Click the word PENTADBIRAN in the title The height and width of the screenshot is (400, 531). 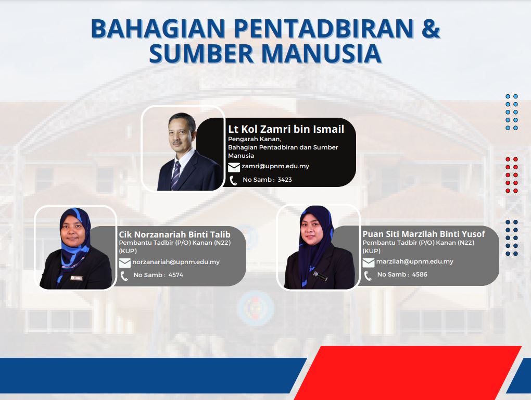point(323,28)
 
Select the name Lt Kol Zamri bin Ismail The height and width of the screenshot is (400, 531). point(286,129)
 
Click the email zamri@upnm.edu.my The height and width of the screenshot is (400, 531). point(275,166)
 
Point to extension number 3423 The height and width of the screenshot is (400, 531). point(284,180)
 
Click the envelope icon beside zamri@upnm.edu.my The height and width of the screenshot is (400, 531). point(234,167)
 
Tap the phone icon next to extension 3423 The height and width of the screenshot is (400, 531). point(233,181)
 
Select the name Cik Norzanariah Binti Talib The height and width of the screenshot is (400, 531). point(174,234)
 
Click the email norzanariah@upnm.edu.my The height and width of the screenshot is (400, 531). point(176,262)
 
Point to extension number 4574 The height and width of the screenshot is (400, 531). point(176,275)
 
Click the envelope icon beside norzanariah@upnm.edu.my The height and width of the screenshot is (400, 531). point(124,263)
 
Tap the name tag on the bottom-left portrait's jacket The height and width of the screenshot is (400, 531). point(76,278)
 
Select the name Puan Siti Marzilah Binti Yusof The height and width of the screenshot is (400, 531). point(424,234)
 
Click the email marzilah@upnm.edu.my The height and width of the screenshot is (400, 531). point(414,261)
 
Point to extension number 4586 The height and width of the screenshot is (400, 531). point(420,274)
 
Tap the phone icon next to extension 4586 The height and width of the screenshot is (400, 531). point(368,276)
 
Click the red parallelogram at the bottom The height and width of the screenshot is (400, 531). point(408,372)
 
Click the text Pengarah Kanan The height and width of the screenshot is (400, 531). point(255,139)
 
